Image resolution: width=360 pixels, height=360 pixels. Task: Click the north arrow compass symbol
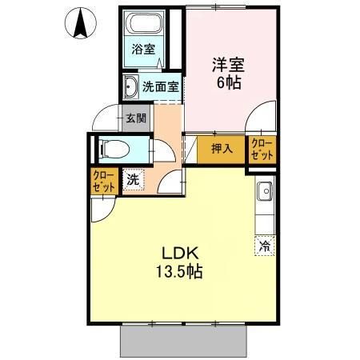[80, 23]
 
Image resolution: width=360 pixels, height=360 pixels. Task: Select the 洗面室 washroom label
[161, 86]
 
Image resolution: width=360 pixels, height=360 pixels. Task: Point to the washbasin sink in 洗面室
[130, 86]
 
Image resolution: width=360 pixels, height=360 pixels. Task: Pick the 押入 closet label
[222, 148]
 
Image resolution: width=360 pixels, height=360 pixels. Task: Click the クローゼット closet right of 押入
[262, 148]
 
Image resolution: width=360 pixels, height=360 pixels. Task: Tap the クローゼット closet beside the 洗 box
[104, 180]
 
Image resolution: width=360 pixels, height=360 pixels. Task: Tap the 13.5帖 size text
[179, 272]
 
